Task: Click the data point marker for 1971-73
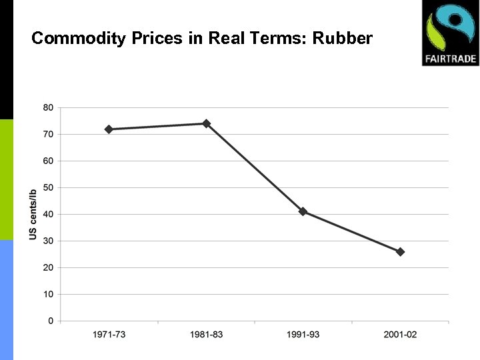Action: click(109, 129)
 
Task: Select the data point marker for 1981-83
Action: click(206, 123)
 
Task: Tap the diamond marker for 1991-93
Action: click(303, 211)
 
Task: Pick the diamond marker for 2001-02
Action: click(400, 252)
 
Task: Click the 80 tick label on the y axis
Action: click(49, 107)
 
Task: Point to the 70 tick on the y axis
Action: click(49, 134)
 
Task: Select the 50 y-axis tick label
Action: click(49, 187)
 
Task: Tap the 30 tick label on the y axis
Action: click(49, 241)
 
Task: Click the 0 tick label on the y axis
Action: click(51, 321)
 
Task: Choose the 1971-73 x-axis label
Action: click(109, 334)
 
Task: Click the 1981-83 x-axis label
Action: click(206, 334)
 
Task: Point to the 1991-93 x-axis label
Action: click(303, 334)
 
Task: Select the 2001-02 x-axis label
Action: click(400, 334)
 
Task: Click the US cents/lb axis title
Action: click(33, 214)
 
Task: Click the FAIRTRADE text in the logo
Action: click(451, 59)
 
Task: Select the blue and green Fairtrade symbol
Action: click(451, 28)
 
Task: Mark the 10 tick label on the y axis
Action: click(49, 294)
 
